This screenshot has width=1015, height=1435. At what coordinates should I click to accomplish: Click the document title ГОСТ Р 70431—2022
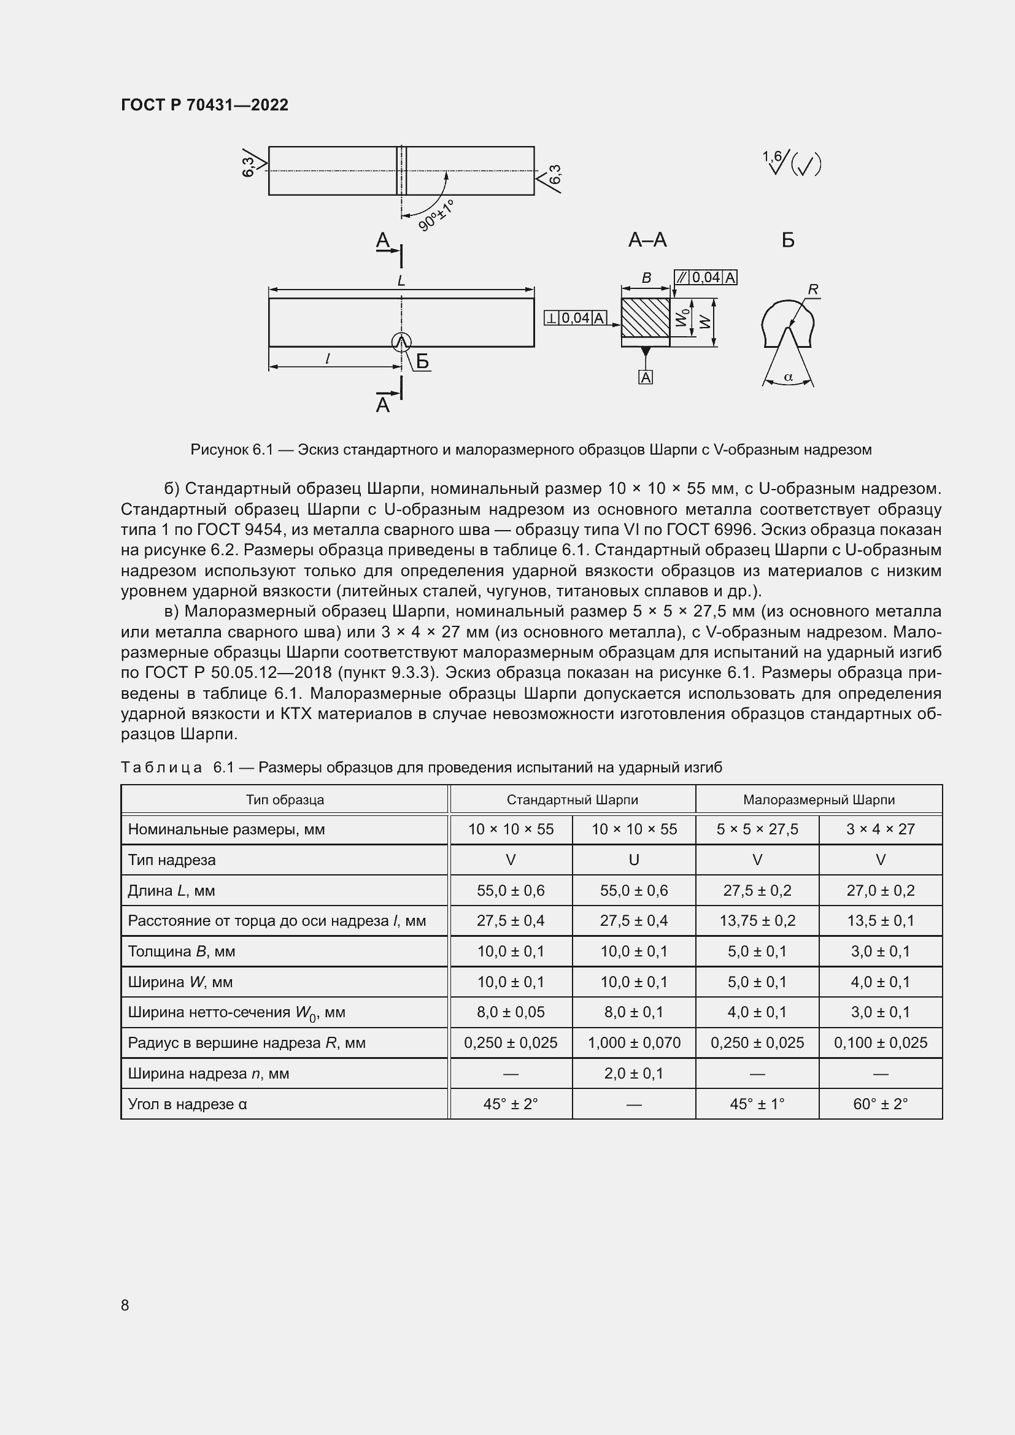coord(204,105)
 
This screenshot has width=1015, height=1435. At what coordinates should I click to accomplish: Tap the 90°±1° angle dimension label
coord(436,215)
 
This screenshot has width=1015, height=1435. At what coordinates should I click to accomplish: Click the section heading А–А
coord(647,240)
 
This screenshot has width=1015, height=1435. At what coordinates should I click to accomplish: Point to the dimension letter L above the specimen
coord(401,280)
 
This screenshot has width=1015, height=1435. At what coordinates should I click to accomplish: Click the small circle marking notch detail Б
coord(401,342)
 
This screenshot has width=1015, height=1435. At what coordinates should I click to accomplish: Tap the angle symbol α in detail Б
coord(788,377)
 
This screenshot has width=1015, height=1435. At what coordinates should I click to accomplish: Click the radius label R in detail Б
coord(812,290)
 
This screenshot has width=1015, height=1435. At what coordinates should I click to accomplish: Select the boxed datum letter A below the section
coord(646,377)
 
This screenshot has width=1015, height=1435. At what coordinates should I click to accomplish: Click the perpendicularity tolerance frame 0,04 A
coord(576,318)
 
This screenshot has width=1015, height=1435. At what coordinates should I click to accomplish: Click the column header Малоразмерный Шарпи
coord(819,799)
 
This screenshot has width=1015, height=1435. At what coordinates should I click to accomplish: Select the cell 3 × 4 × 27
coord(880,829)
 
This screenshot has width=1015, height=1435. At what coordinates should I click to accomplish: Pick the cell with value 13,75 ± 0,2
coord(757,921)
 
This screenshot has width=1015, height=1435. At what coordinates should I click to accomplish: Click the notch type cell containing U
coord(634,860)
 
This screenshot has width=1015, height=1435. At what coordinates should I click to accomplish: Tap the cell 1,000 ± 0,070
coord(634,1042)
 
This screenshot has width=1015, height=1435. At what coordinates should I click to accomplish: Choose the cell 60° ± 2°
coord(880,1104)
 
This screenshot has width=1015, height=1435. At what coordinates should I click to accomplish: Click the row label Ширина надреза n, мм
coord(208,1074)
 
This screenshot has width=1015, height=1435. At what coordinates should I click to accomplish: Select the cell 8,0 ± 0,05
coord(511,1012)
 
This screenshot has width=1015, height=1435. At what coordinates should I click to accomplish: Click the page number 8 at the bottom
coord(125,1305)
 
